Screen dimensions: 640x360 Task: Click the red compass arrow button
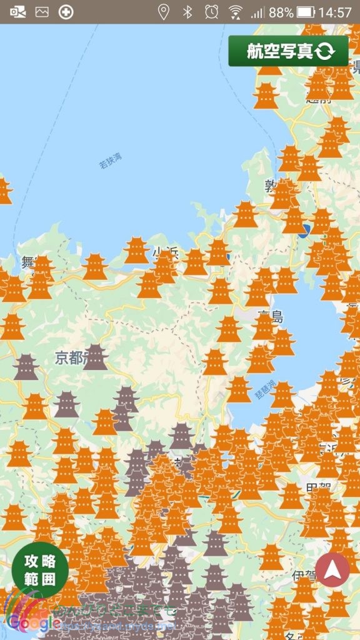332,569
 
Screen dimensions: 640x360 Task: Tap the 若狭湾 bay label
111,161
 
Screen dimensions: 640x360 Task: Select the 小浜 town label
164,252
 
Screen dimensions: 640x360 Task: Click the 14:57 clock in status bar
335,12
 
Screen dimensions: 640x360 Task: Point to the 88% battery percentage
281,12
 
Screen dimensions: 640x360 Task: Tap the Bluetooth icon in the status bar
187,12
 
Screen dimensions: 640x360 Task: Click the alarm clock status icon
211,12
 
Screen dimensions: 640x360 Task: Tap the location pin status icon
164,12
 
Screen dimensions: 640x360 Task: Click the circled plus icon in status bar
66,12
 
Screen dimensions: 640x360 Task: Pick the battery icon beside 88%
306,12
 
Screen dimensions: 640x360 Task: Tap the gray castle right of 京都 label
96,357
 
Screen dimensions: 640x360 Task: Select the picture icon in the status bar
42,12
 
